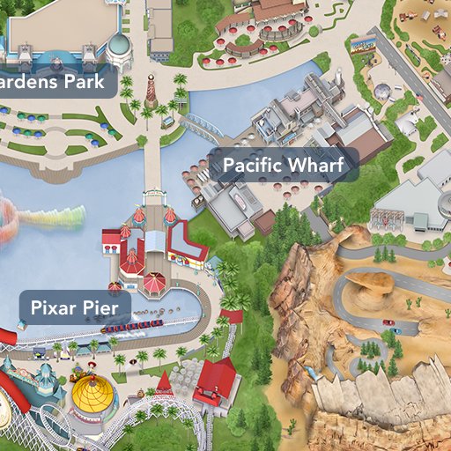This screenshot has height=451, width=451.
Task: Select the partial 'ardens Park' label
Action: (57, 82)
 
